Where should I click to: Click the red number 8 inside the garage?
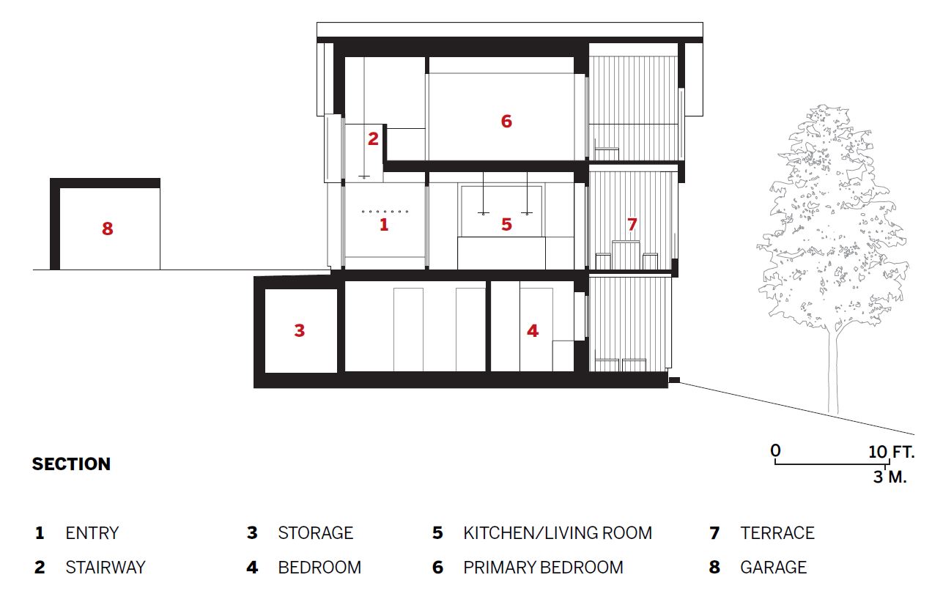[108, 228]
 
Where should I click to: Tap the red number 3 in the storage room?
[300, 330]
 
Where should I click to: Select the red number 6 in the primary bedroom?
[506, 121]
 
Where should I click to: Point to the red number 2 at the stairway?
[373, 139]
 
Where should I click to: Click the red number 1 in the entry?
[383, 225]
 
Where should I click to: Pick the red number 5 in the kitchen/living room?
[506, 225]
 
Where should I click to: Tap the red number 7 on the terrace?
[632, 225]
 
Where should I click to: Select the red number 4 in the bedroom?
[533, 330]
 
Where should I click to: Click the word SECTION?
[71, 464]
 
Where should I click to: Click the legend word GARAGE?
[773, 568]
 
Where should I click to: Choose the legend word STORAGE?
[315, 533]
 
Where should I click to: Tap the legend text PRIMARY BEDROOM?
[543, 568]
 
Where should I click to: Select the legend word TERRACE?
[777, 533]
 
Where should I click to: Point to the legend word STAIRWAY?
[106, 568]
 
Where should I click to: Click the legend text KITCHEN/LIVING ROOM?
[558, 533]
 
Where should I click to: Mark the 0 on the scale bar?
[775, 450]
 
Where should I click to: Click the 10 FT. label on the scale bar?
[892, 452]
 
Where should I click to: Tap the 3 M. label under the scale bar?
[890, 477]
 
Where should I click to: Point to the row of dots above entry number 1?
[385, 212]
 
